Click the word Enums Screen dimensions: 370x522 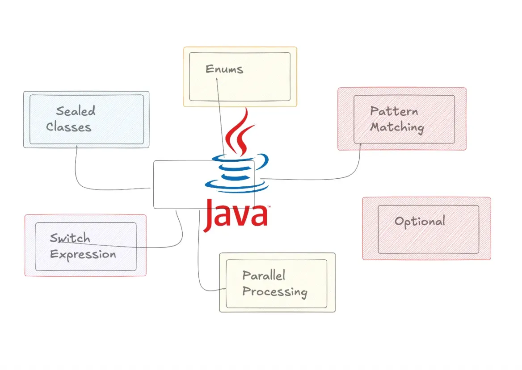224,69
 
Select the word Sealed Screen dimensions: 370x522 76,111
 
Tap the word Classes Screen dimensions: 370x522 69,127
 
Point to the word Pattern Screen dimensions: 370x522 394,111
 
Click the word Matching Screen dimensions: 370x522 397,127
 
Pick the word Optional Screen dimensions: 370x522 420,221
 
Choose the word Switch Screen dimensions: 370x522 70,238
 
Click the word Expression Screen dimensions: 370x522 83,254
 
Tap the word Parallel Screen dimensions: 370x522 264,275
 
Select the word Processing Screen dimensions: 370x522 274,292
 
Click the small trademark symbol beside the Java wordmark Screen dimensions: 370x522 269,207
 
